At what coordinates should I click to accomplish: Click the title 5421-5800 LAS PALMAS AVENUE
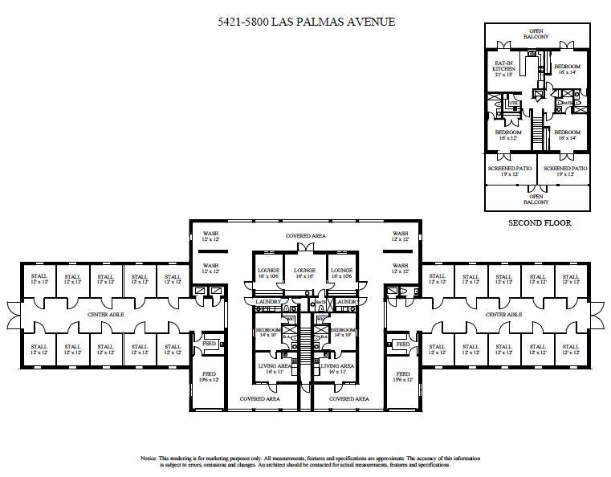(306, 22)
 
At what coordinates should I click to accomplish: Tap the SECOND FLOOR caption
(540, 223)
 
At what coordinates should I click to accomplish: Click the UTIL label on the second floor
(511, 104)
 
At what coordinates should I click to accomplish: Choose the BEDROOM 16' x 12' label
(507, 135)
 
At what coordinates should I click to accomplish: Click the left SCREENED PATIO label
(511, 171)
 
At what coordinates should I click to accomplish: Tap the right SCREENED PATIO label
(565, 171)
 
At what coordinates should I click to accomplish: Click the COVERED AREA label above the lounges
(306, 236)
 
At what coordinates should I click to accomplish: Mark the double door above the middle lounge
(306, 251)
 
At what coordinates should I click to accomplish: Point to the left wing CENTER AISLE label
(104, 314)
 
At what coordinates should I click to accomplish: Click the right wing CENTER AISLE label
(503, 314)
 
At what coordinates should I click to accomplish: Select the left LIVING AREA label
(270, 368)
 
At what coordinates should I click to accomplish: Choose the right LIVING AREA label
(338, 368)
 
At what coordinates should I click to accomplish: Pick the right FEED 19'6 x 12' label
(402, 377)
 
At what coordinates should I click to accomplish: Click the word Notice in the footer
(149, 458)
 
